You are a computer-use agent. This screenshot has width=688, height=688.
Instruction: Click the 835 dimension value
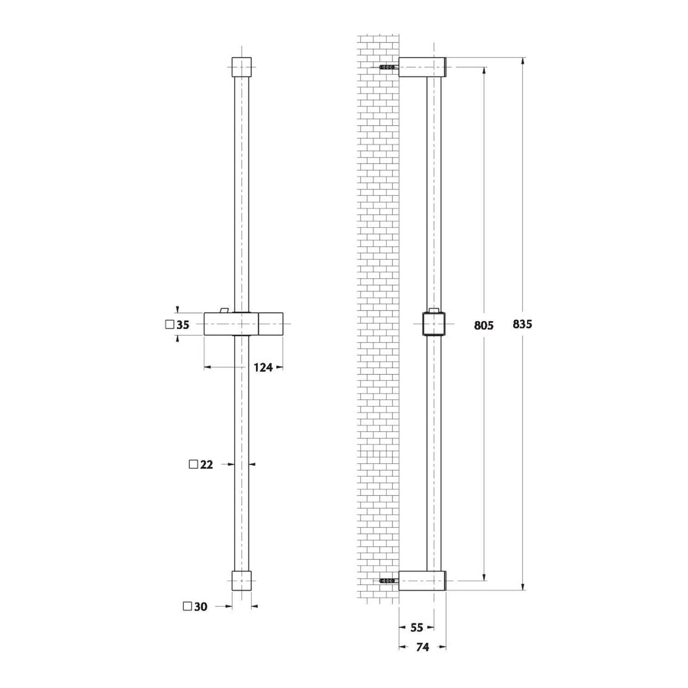point(522,324)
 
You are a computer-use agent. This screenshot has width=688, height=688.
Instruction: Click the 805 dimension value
point(483,326)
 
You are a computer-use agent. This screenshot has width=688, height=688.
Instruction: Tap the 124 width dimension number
point(263,367)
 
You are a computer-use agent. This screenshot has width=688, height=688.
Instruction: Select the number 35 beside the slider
point(183,325)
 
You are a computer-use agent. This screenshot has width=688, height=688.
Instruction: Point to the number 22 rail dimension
point(206,465)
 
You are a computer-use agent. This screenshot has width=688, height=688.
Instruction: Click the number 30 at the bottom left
point(200,607)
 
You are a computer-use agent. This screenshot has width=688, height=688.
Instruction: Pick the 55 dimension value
point(416,627)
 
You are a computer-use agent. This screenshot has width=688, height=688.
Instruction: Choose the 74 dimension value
point(422,647)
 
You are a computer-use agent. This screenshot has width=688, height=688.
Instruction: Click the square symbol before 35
point(169,325)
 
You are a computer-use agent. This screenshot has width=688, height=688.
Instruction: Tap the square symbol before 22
point(194,464)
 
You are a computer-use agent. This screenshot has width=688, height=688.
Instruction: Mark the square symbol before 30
point(187,606)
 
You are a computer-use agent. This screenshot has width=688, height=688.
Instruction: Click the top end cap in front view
point(242,67)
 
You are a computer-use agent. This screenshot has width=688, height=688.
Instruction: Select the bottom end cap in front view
point(242,581)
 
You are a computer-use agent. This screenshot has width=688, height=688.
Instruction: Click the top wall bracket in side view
point(422,67)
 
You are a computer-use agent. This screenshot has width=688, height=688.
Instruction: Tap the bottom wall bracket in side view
point(422,581)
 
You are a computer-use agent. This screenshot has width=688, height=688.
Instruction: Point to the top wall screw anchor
point(388,67)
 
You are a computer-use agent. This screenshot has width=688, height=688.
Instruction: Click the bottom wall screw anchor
point(388,581)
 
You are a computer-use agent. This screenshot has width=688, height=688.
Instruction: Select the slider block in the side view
point(433,324)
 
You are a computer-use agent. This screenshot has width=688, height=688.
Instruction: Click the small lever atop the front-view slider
point(224,311)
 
